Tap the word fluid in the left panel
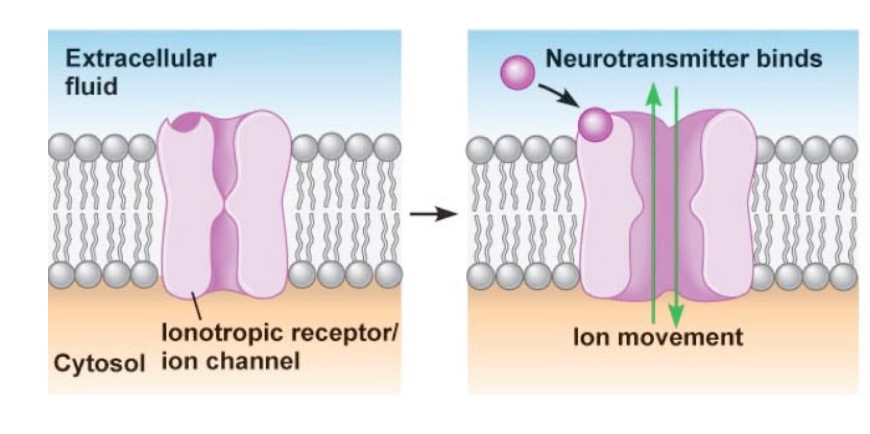pyautogui.click(x=91, y=86)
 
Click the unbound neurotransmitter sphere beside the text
pyautogui.click(x=517, y=73)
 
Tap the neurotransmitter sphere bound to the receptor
pyautogui.click(x=595, y=125)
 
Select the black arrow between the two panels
pyautogui.click(x=433, y=214)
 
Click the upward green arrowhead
pyautogui.click(x=653, y=95)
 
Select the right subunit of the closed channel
pyautogui.click(x=260, y=204)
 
